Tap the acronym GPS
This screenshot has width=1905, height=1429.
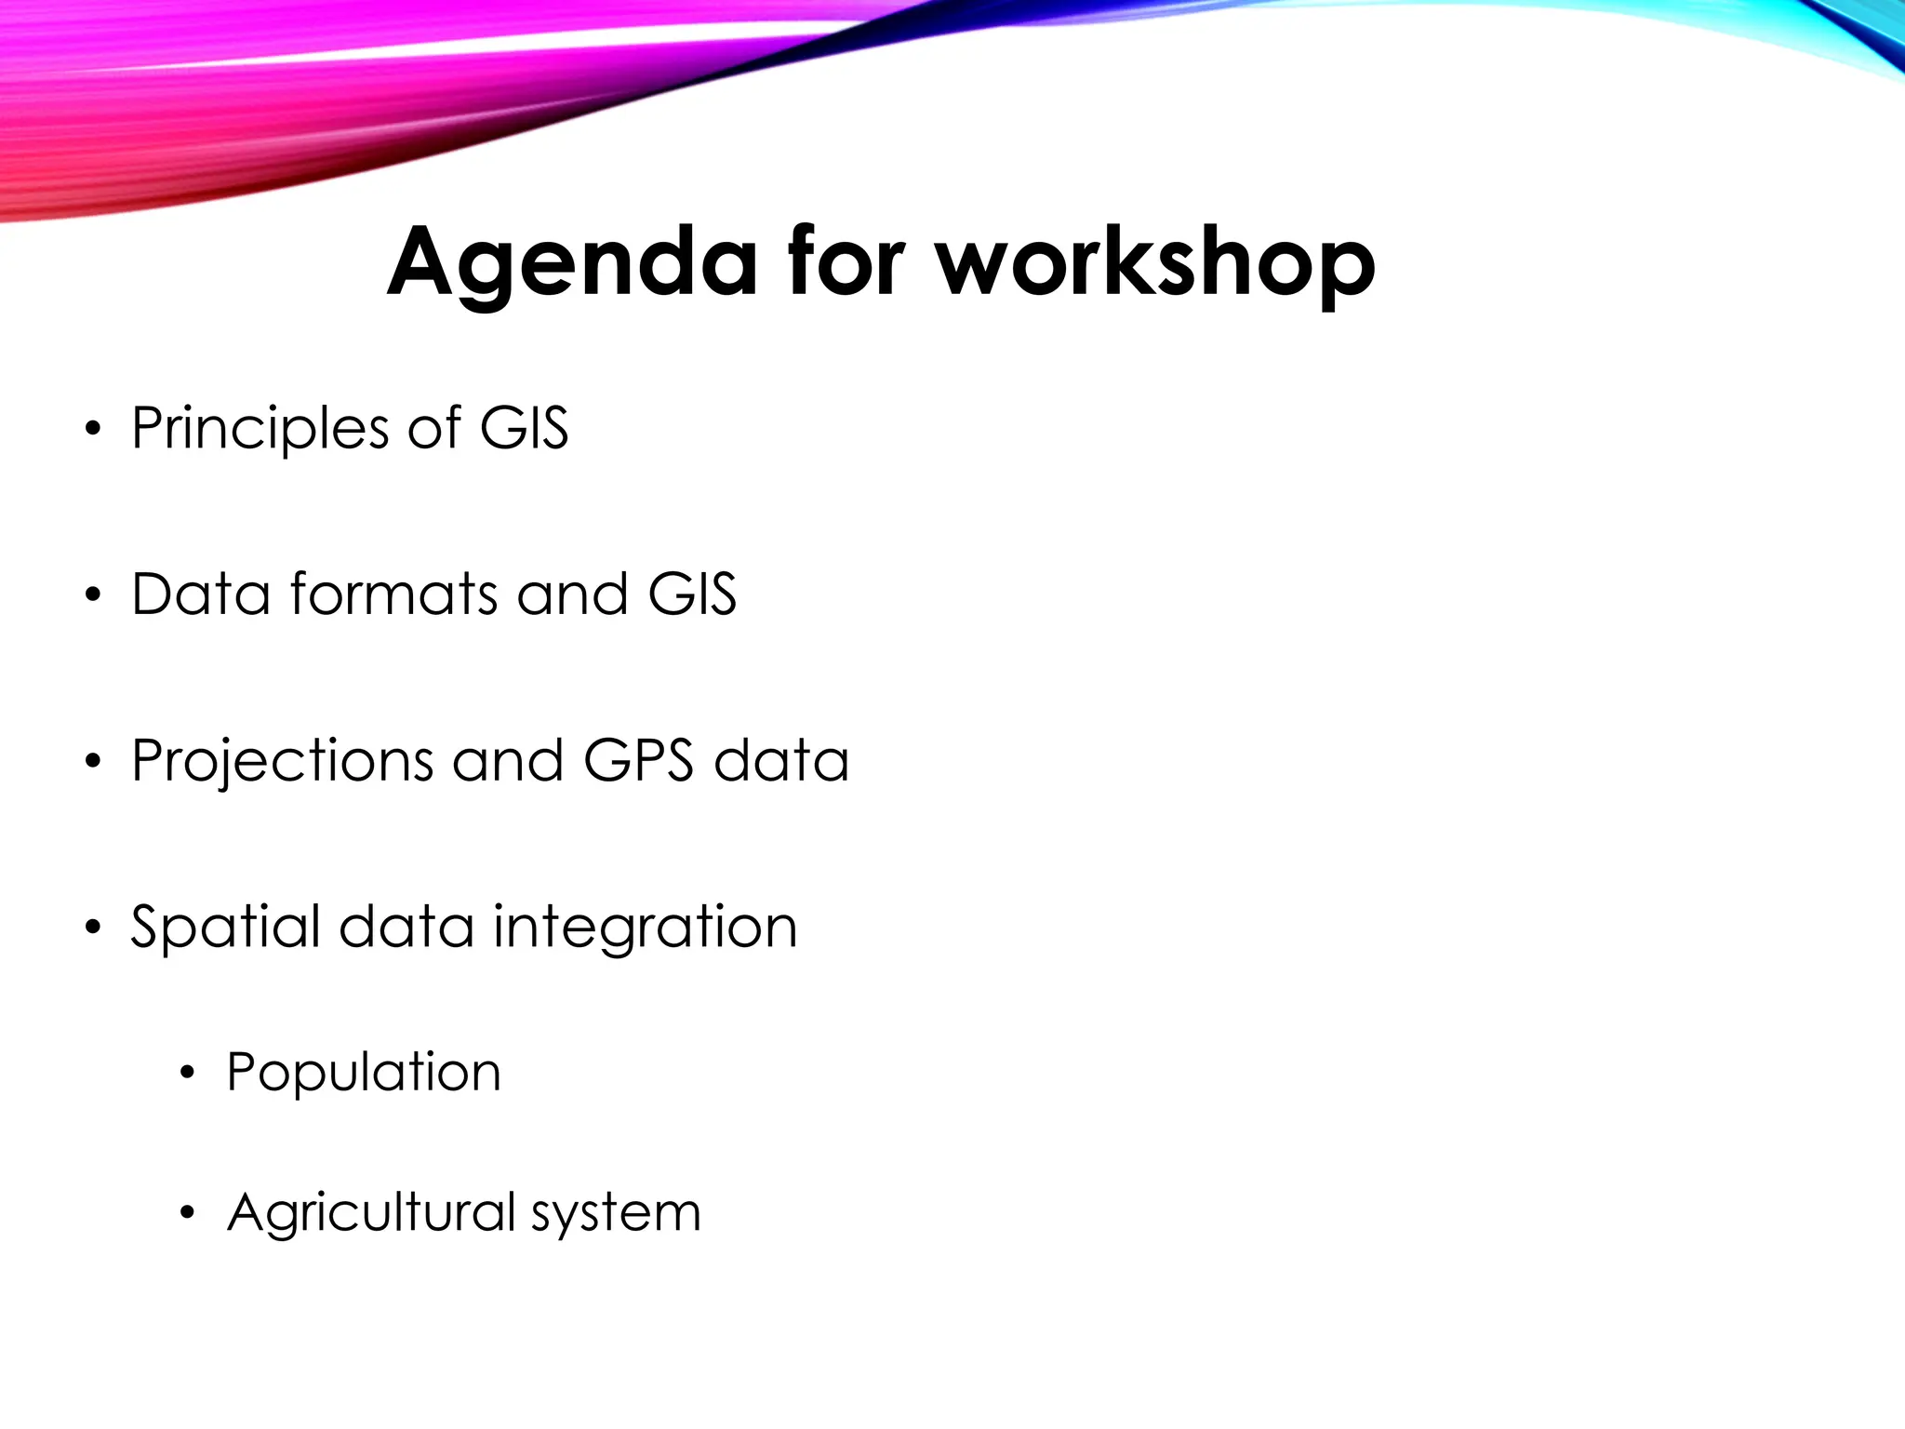(x=638, y=760)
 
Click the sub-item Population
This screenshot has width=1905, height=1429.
(x=364, y=1072)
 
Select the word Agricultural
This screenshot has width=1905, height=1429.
(x=371, y=1214)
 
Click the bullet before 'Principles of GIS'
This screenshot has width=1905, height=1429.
(x=91, y=430)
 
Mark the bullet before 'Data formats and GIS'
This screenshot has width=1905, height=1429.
(x=91, y=595)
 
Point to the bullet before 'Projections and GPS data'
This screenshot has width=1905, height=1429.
(x=91, y=762)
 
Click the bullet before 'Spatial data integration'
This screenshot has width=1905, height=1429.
(x=91, y=928)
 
